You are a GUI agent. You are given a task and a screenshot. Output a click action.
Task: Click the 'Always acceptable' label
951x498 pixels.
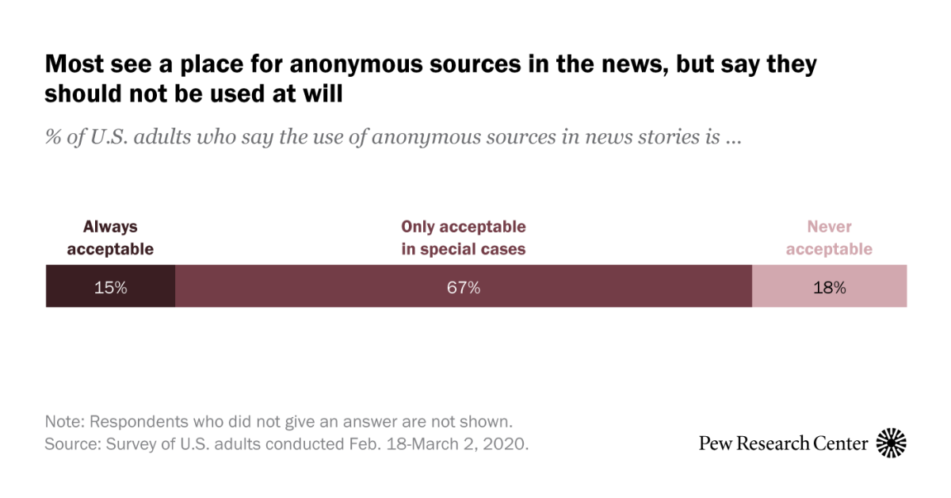pos(110,238)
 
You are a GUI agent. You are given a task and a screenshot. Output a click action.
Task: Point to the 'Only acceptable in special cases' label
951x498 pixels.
pos(464,238)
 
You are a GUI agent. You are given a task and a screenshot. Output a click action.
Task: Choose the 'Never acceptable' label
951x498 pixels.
pos(829,238)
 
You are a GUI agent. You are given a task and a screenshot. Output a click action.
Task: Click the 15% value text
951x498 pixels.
pos(110,288)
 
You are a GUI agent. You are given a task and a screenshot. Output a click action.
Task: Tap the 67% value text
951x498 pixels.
pos(464,288)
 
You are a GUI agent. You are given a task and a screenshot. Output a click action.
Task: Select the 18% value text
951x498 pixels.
pos(829,288)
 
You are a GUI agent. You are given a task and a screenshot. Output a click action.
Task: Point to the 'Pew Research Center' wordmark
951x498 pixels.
pos(783,443)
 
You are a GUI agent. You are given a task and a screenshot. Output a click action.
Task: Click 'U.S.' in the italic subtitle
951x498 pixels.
pos(109,138)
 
